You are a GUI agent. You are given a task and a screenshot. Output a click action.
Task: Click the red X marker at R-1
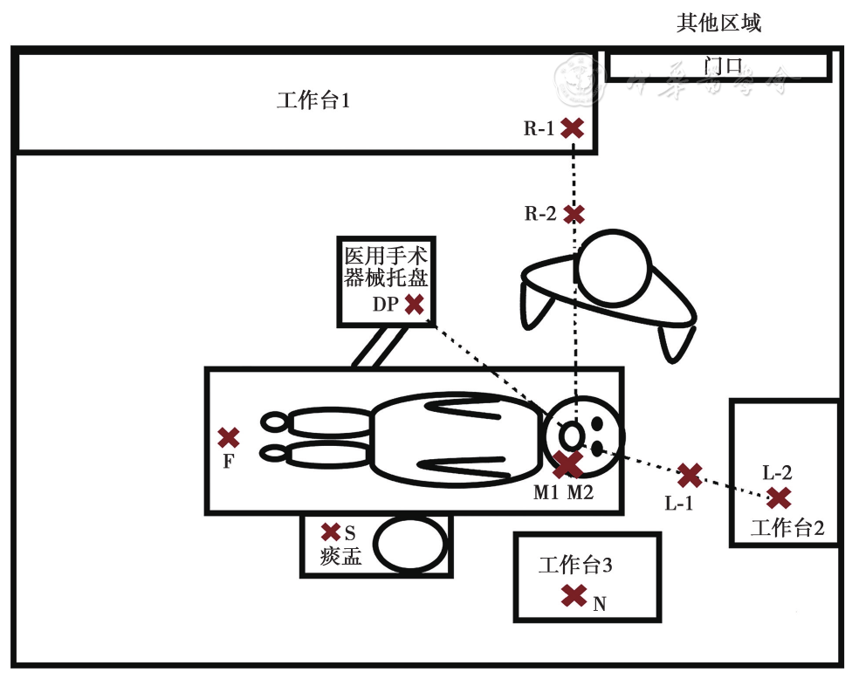click(x=573, y=129)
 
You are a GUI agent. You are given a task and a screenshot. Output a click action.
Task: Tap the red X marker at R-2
click(x=574, y=213)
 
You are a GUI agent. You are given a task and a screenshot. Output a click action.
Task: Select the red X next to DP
click(x=415, y=305)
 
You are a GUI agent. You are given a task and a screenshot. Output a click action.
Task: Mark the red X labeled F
click(x=229, y=437)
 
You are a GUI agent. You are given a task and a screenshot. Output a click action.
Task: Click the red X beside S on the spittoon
click(x=331, y=532)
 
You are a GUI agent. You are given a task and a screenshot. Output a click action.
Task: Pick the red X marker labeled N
click(x=574, y=596)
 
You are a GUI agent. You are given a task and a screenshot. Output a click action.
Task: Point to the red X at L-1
click(x=690, y=476)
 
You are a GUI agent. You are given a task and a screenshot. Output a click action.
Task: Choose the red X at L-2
click(x=779, y=498)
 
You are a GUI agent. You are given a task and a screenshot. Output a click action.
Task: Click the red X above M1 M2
click(x=568, y=464)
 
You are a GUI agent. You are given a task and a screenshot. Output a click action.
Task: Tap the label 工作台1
click(x=313, y=101)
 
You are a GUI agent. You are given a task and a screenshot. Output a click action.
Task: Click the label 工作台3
click(x=575, y=566)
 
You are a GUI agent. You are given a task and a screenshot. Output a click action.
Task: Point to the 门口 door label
click(x=722, y=66)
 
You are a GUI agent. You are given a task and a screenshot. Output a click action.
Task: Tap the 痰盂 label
click(x=340, y=557)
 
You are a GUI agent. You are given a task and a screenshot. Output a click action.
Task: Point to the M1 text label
click(x=546, y=493)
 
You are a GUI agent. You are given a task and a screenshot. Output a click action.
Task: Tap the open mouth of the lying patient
click(x=571, y=434)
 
